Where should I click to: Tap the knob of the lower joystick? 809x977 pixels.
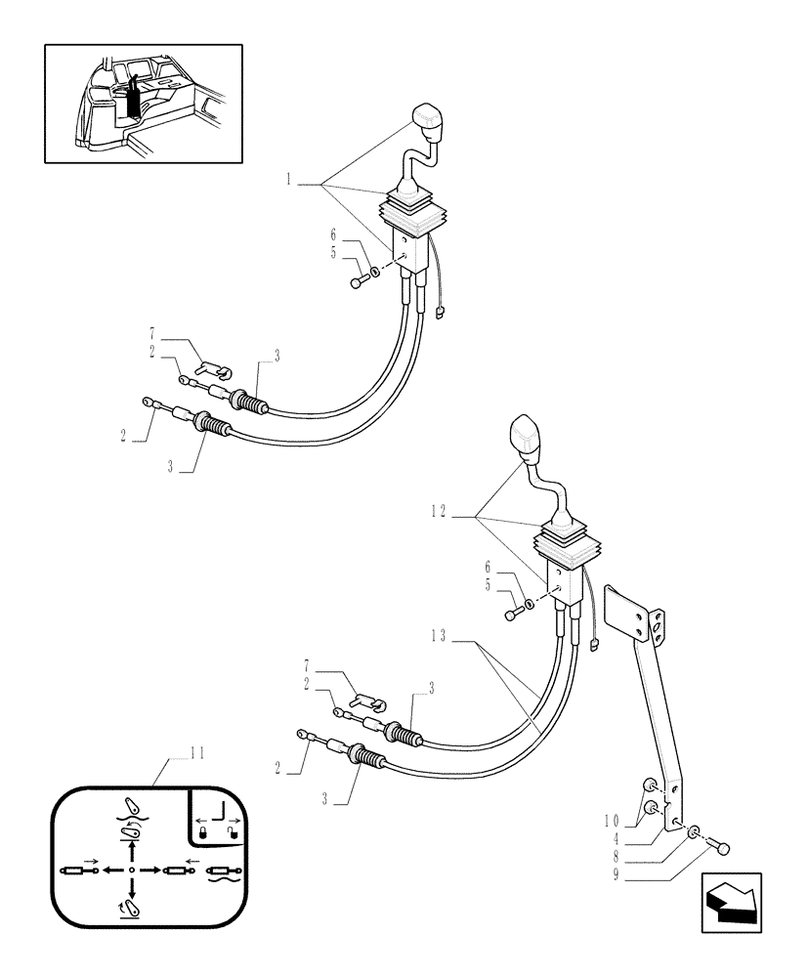point(525,438)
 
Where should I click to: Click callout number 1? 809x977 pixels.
point(289,180)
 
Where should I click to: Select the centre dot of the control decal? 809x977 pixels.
point(132,869)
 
